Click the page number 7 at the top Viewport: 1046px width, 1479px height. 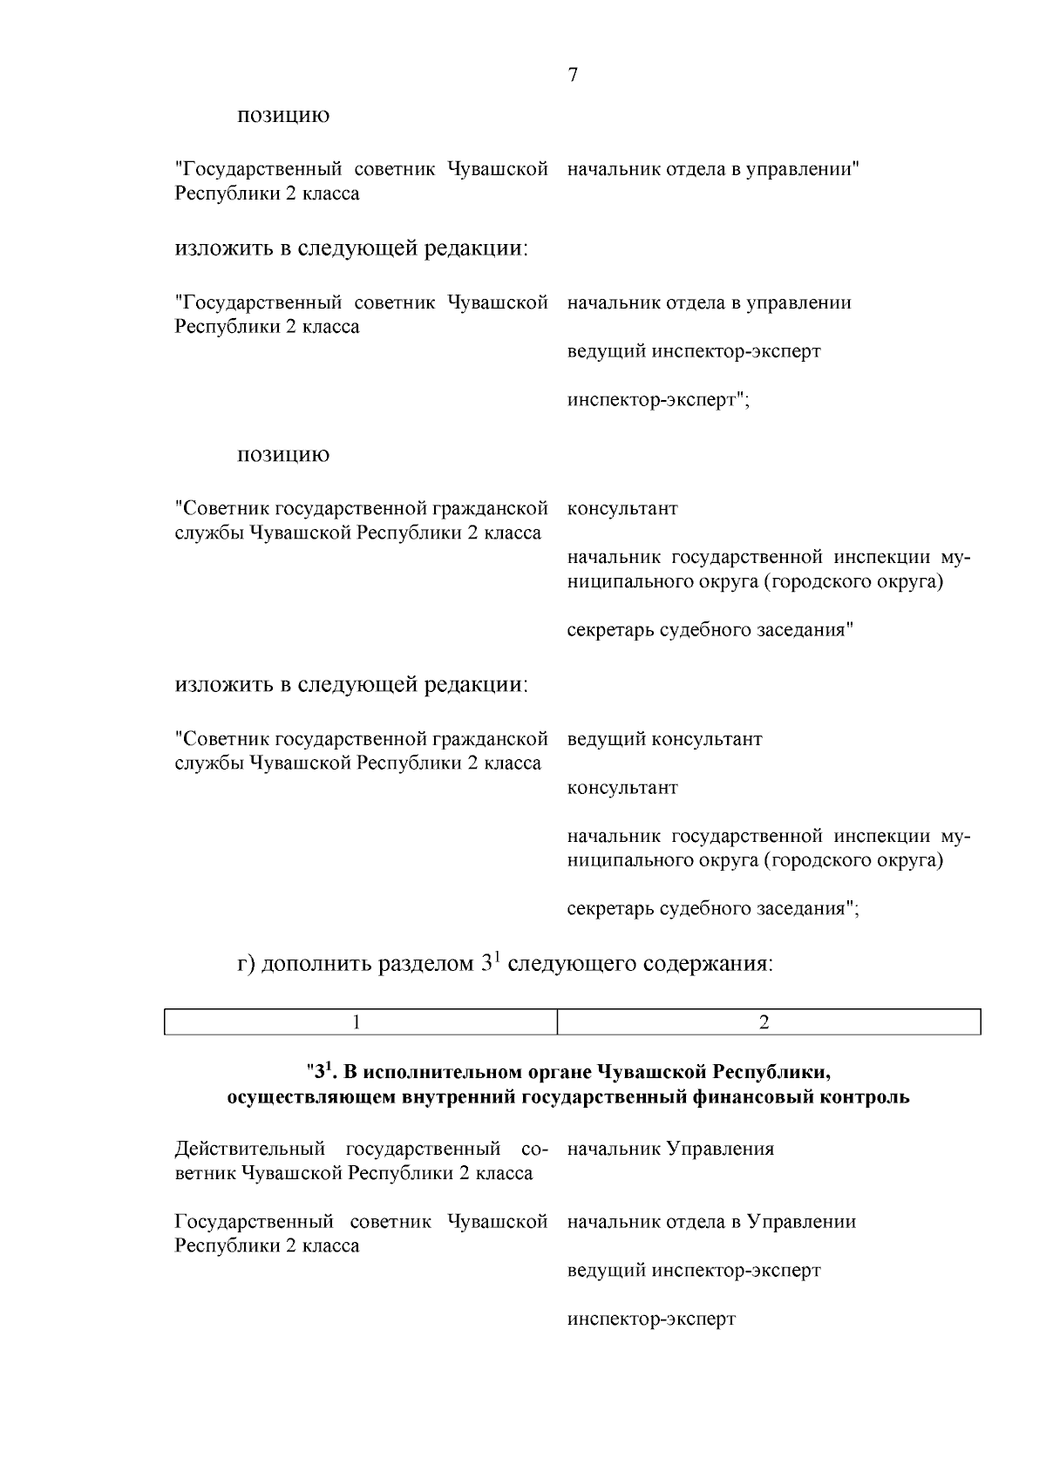pyautogui.click(x=573, y=75)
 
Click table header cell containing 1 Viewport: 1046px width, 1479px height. pyautogui.click(x=357, y=1022)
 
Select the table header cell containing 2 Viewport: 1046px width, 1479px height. pyautogui.click(x=764, y=1022)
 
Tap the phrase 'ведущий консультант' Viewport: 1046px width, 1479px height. pyautogui.click(x=664, y=739)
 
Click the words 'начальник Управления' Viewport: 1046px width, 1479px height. pyautogui.click(x=670, y=1149)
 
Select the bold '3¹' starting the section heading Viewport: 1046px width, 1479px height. pyautogui.click(x=322, y=1070)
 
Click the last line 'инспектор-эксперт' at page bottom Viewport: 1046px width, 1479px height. pyautogui.click(x=651, y=1319)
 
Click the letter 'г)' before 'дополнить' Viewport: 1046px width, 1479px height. pyautogui.click(x=247, y=965)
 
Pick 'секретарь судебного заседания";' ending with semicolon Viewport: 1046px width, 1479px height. pyautogui.click(x=713, y=909)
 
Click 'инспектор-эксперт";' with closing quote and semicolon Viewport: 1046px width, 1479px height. pyautogui.click(x=658, y=401)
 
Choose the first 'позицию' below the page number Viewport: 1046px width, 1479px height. pyautogui.click(x=284, y=116)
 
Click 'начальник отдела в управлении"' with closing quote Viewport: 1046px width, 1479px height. pyautogui.click(x=713, y=169)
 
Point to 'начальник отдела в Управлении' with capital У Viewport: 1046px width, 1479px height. pyautogui.click(x=711, y=1222)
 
